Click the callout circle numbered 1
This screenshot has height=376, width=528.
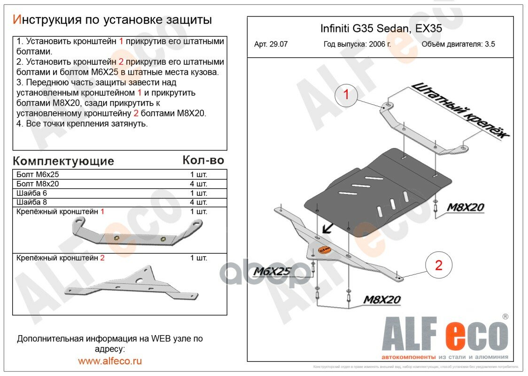pos(346,95)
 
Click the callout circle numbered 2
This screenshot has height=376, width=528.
pos(438,266)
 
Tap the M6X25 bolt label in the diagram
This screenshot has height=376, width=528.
pos(272,272)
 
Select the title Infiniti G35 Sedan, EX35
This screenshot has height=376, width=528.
pos(380,28)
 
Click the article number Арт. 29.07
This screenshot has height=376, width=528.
pos(271,45)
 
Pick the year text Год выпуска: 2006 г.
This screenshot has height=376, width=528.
pos(357,45)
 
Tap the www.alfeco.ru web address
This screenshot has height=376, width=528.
pos(110,361)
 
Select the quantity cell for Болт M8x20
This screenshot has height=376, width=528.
pos(198,184)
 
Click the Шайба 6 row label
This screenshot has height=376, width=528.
pos(32,193)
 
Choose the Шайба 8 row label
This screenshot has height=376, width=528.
pos(32,203)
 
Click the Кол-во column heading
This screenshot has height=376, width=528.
pos(203,160)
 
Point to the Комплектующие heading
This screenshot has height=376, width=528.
pos(63,161)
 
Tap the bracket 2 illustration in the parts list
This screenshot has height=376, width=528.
pos(132,284)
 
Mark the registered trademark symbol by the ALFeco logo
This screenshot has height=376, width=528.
pos(505,317)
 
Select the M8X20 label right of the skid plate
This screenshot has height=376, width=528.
pos(465,207)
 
